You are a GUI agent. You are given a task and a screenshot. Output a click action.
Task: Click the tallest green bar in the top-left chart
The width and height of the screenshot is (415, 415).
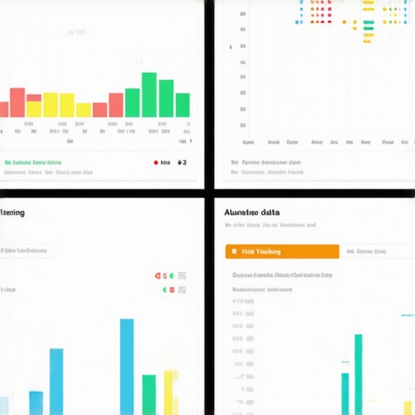[149, 95]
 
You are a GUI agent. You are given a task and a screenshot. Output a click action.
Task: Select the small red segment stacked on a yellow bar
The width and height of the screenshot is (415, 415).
[34, 96]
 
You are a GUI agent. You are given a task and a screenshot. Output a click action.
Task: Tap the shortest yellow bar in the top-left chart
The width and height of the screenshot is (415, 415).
[83, 110]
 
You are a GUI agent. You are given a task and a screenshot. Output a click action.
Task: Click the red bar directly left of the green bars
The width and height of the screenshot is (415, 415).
[116, 105]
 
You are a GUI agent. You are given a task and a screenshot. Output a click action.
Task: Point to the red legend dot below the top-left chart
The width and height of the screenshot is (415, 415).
[156, 162]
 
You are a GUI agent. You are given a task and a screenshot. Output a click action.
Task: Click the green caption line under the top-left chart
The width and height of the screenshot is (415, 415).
[33, 162]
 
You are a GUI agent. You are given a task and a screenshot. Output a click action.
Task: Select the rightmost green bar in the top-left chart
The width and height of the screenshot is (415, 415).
[182, 105]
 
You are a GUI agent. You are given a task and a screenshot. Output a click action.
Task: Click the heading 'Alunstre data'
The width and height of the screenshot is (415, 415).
[252, 212]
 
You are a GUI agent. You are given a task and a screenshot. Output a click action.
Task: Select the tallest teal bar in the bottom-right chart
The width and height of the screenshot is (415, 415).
[357, 374]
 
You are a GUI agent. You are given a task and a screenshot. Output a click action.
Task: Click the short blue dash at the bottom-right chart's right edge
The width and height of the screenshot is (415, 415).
[406, 314]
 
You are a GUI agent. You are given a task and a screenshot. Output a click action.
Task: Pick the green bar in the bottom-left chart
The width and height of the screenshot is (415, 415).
[149, 394]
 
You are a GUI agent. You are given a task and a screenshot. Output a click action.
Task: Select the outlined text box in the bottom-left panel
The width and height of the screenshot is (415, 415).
[27, 250]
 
